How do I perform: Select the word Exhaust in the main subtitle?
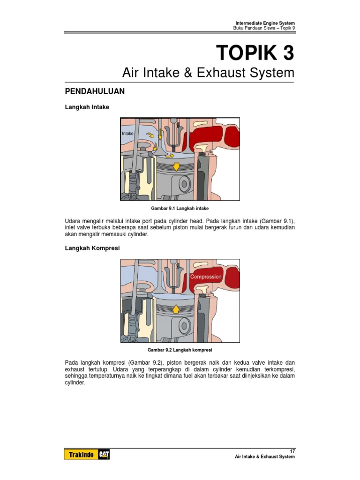(227, 73)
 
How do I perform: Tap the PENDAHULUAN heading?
(94, 91)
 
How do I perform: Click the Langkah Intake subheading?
(87, 107)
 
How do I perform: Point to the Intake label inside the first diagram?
(128, 134)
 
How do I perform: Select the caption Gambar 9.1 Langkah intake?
(180, 207)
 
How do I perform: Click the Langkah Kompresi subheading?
(92, 248)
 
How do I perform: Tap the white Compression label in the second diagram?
(206, 277)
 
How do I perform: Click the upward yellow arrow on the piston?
(176, 308)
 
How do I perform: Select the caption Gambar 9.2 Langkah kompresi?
(180, 350)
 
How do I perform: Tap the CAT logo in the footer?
(104, 455)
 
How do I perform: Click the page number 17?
(292, 450)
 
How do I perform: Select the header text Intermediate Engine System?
(265, 23)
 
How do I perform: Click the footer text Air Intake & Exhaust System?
(265, 457)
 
